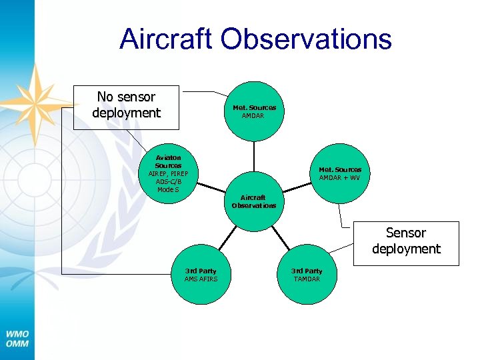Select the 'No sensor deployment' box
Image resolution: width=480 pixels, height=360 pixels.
coord(127,106)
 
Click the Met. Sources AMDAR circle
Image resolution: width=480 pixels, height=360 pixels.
coord(254,111)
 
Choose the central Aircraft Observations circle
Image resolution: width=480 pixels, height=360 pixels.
coord(253,201)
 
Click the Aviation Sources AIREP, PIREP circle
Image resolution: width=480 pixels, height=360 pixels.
coord(168,174)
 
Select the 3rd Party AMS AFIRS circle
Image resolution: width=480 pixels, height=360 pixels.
coord(201,275)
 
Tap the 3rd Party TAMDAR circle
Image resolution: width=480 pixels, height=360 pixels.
coord(307,275)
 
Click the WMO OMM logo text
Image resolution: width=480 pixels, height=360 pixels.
coord(17,339)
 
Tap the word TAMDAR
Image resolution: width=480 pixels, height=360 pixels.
coord(307,279)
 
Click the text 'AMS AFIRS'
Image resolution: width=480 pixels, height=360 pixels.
coord(201,279)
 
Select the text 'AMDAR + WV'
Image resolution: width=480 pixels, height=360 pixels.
coord(339,178)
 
